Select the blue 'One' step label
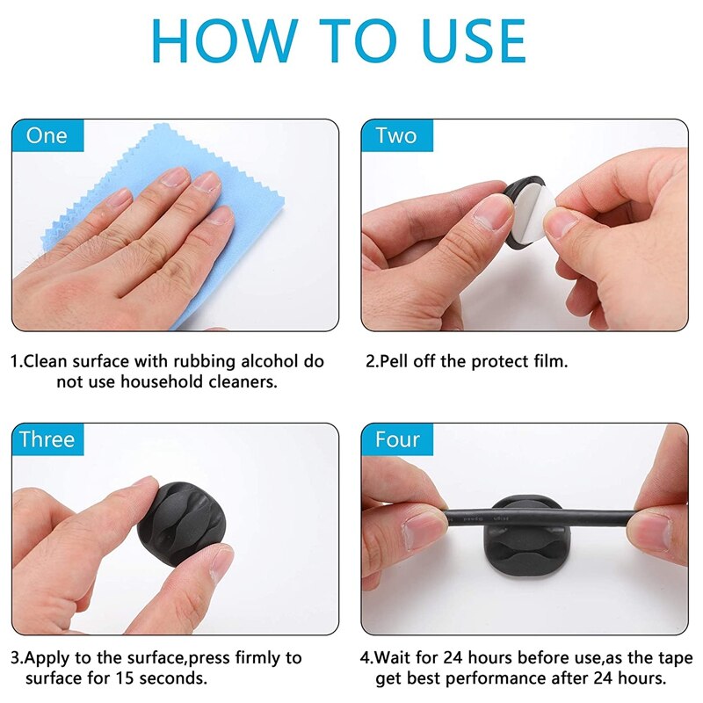coord(48,135)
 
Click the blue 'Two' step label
coord(397,135)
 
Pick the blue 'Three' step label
coord(48,438)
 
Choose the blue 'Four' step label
coord(397,438)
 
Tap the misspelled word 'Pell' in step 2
coord(394,361)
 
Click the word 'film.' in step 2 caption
coord(551,361)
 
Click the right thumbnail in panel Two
coord(560,224)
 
